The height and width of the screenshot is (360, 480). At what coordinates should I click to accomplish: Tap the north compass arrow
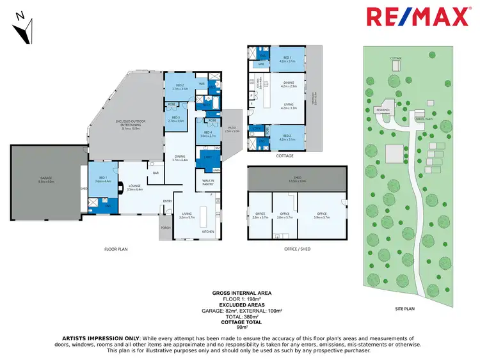tap(25, 29)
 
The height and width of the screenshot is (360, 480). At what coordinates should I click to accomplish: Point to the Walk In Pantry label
tap(208, 182)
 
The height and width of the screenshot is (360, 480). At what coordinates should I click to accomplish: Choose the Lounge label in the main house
tap(134, 185)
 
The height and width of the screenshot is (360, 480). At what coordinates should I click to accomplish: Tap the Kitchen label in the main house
tap(209, 231)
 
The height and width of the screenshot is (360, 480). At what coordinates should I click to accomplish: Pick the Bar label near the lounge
tap(156, 172)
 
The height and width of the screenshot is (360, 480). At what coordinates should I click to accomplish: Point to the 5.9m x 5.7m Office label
tap(322, 215)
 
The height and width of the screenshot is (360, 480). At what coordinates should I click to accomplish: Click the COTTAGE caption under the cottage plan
tap(285, 156)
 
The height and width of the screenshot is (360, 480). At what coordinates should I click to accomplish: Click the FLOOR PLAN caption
tap(116, 249)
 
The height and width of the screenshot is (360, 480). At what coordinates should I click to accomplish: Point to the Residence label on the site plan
tap(383, 110)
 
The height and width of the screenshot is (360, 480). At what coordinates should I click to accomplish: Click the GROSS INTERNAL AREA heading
tap(241, 292)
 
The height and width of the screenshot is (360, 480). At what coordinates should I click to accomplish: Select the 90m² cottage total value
tap(241, 327)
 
